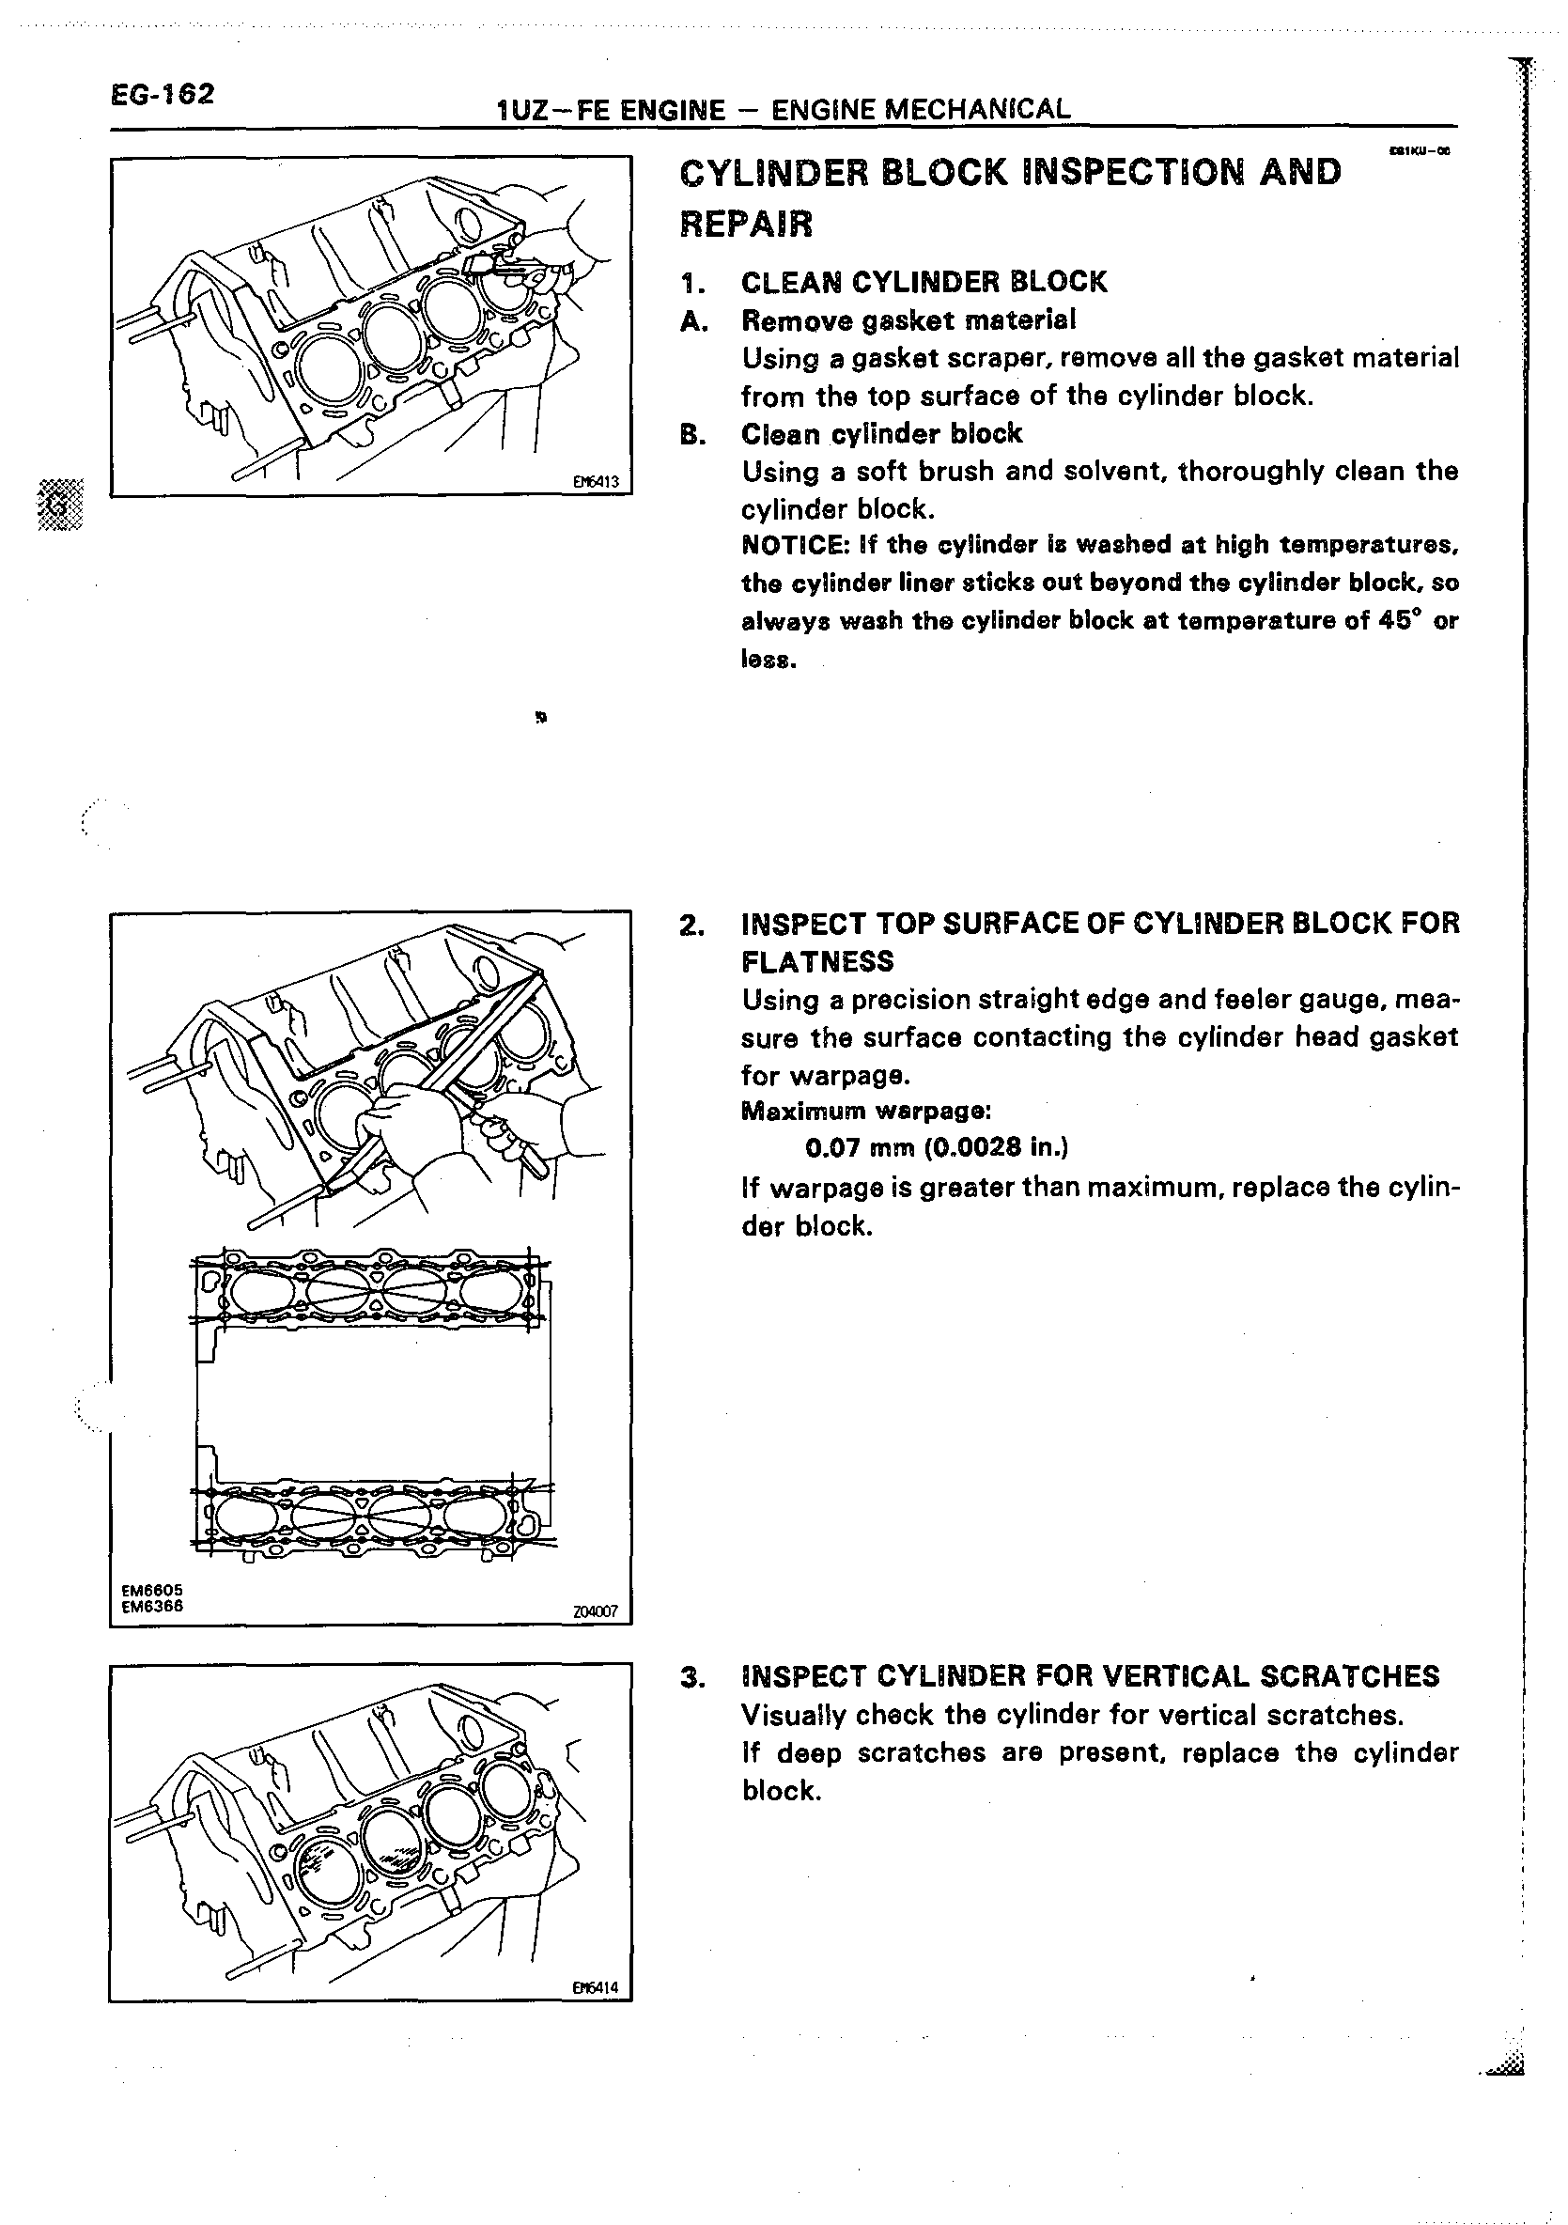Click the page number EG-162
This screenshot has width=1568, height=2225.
(162, 95)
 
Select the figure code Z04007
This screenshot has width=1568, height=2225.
(595, 1611)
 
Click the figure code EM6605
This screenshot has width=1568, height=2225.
(152, 1590)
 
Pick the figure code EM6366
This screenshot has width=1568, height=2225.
(152, 1606)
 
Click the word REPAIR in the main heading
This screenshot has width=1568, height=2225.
(746, 225)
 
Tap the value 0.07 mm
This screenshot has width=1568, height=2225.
(860, 1148)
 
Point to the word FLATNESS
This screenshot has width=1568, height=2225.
(817, 961)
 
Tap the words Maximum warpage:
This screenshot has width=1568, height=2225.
(865, 1111)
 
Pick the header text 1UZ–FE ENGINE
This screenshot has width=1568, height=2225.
(611, 111)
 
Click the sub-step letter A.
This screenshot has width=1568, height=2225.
(690, 320)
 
